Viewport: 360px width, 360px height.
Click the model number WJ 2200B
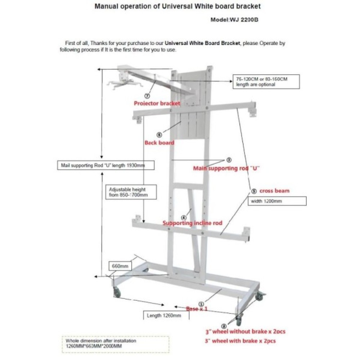pos(234,20)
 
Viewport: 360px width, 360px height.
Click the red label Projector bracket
pos(157,103)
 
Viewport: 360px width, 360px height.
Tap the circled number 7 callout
pos(147,96)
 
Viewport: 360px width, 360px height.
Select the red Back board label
pos(159,143)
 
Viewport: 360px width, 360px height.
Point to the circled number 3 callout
pos(229,159)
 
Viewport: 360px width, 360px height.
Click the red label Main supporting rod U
pos(226,168)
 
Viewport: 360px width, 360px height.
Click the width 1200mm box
pos(276,201)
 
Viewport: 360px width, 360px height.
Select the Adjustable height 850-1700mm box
pos(127,192)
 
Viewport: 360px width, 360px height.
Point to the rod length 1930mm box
pos(106,165)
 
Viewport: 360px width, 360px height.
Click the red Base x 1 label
pos(197,309)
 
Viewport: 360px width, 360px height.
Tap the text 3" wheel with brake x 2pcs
pos(241,341)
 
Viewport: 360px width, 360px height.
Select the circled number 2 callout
pos(224,325)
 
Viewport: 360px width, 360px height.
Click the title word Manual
pos(106,6)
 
